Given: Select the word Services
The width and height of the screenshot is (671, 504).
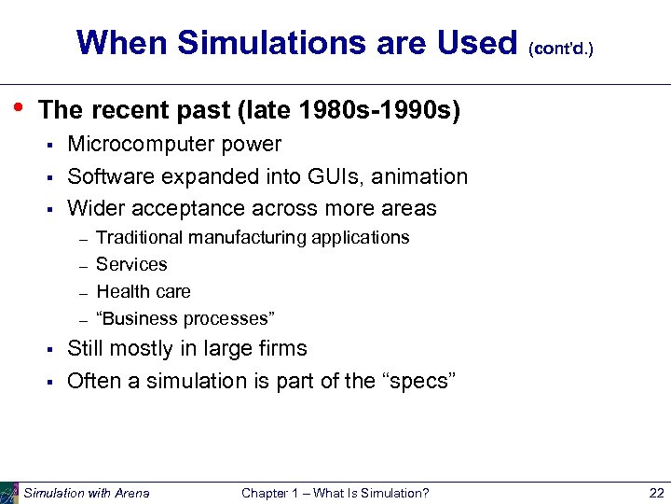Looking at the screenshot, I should click(x=131, y=265).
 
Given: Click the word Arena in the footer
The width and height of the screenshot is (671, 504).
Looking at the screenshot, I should click(x=131, y=493).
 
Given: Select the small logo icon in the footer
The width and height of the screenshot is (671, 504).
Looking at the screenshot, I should click(x=9, y=492).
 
